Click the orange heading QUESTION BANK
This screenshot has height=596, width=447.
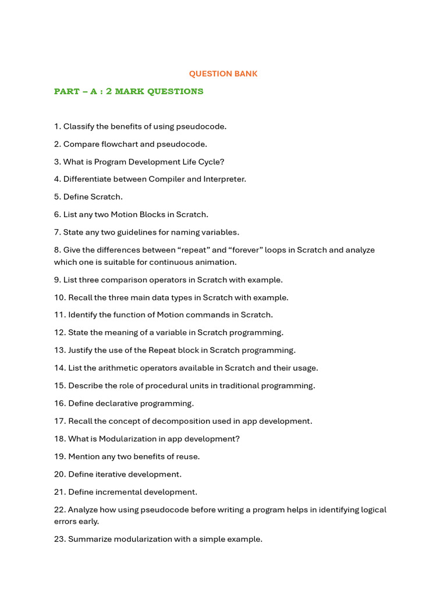click(223, 74)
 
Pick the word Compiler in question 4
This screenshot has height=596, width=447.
click(166, 179)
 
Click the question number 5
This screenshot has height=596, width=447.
click(58, 197)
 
